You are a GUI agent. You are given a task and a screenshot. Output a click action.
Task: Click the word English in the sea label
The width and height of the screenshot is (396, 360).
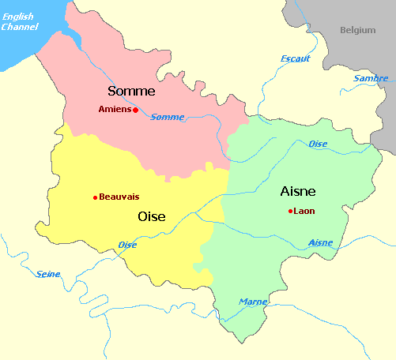click(17, 17)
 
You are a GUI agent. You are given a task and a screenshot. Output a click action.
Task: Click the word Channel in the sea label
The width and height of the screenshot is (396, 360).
click(19, 27)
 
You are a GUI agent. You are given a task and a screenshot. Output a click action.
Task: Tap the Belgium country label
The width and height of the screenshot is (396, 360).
click(357, 30)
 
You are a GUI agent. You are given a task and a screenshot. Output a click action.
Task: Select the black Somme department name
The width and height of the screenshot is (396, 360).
click(131, 92)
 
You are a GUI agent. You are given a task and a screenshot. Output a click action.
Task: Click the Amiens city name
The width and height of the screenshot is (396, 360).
click(115, 110)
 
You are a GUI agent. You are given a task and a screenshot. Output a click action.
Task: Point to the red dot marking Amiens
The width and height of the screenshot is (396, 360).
click(136, 111)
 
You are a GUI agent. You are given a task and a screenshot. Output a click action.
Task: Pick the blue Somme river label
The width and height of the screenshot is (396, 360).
click(167, 117)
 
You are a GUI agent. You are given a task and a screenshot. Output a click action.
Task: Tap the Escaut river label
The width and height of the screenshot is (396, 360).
click(296, 58)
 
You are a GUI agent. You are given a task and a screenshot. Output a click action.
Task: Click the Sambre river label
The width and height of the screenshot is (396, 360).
click(371, 78)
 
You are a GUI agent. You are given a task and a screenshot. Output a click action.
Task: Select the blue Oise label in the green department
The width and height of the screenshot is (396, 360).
click(318, 144)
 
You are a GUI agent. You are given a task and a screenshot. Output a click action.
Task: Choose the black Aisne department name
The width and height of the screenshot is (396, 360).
click(298, 191)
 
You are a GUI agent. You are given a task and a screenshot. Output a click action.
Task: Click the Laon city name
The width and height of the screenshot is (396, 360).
click(304, 211)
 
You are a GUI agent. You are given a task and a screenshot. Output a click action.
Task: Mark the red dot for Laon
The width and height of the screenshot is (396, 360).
click(291, 211)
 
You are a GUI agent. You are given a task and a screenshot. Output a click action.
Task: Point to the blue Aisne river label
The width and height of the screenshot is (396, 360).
click(320, 242)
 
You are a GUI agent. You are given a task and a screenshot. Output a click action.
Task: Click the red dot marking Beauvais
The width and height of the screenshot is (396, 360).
click(95, 197)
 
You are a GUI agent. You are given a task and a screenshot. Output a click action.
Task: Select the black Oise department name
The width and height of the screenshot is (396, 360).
click(152, 216)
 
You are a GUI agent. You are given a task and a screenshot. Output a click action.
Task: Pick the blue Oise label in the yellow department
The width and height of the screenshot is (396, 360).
click(127, 245)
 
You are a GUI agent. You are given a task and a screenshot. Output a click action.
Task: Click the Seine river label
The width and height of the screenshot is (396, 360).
click(48, 274)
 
